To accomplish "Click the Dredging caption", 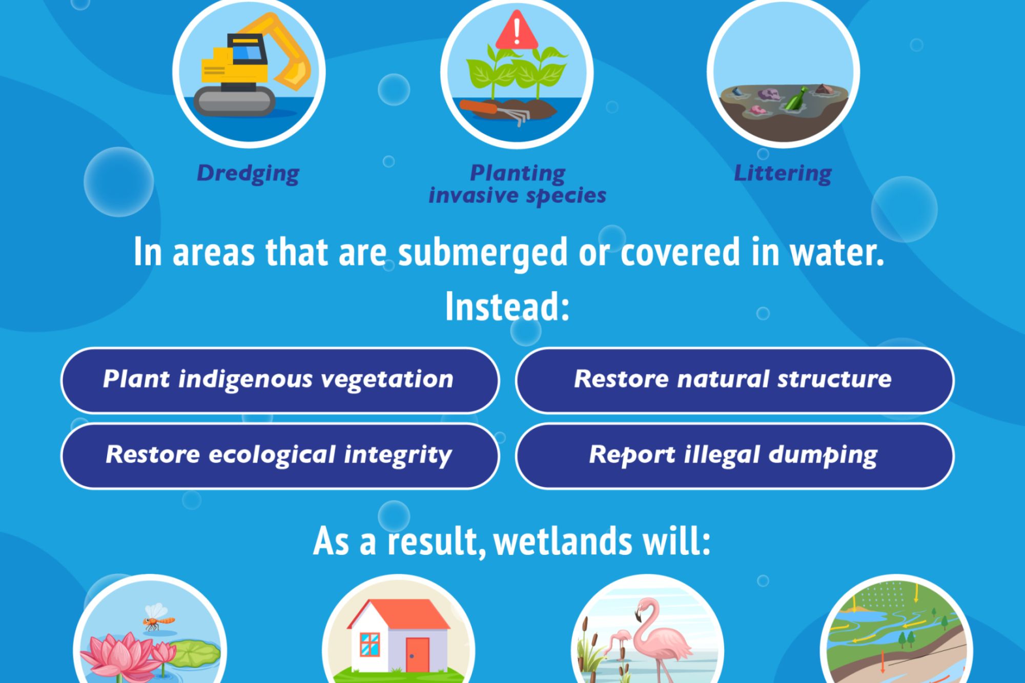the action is point(248,174).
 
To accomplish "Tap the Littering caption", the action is point(783,173).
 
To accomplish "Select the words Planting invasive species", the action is point(518,184).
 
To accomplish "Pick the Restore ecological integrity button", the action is point(280,456).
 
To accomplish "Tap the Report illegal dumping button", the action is point(734,456).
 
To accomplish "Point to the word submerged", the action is point(483,253).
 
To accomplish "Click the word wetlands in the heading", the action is point(563,542).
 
